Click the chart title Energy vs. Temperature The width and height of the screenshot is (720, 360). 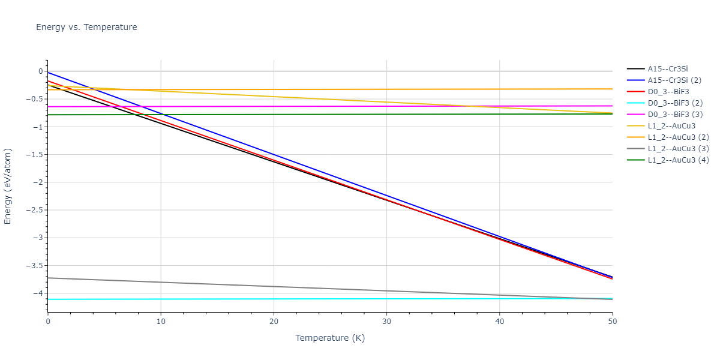86,27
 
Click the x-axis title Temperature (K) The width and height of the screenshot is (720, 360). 330,338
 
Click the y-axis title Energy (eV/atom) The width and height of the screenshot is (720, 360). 8,185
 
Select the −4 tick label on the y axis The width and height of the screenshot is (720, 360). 37,293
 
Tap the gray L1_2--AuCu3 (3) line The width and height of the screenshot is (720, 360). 300,289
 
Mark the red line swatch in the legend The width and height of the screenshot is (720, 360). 635,92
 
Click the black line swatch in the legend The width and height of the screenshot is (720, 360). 635,69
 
